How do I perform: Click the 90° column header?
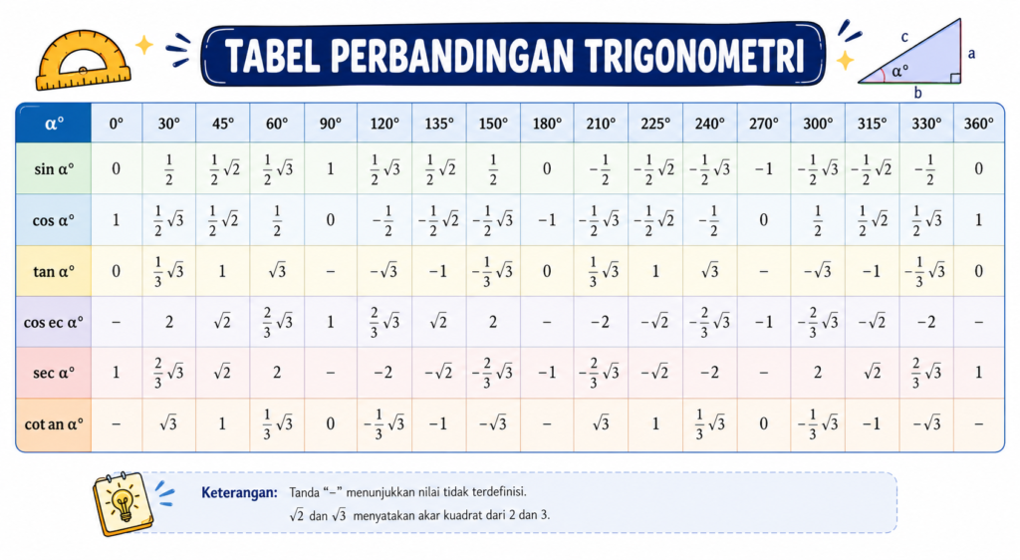[331, 123]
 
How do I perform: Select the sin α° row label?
[54, 168]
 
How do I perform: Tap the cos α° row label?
[54, 220]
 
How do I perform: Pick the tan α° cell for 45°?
[222, 271]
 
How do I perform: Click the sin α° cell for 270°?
[764, 168]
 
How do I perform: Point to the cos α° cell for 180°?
[547, 220]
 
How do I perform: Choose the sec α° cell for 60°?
[277, 372]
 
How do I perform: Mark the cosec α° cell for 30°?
[169, 321]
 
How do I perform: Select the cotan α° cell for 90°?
[331, 423]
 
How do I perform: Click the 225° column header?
[655, 123]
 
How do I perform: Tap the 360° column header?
[979, 123]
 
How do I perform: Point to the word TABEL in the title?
[273, 55]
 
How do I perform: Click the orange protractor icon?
[83, 59]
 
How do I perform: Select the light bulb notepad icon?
[123, 503]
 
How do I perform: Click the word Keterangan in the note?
[239, 492]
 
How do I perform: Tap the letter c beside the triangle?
[904, 37]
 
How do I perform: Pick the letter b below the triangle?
[917, 93]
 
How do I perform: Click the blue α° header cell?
[54, 123]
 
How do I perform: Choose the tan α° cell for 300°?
[818, 271]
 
